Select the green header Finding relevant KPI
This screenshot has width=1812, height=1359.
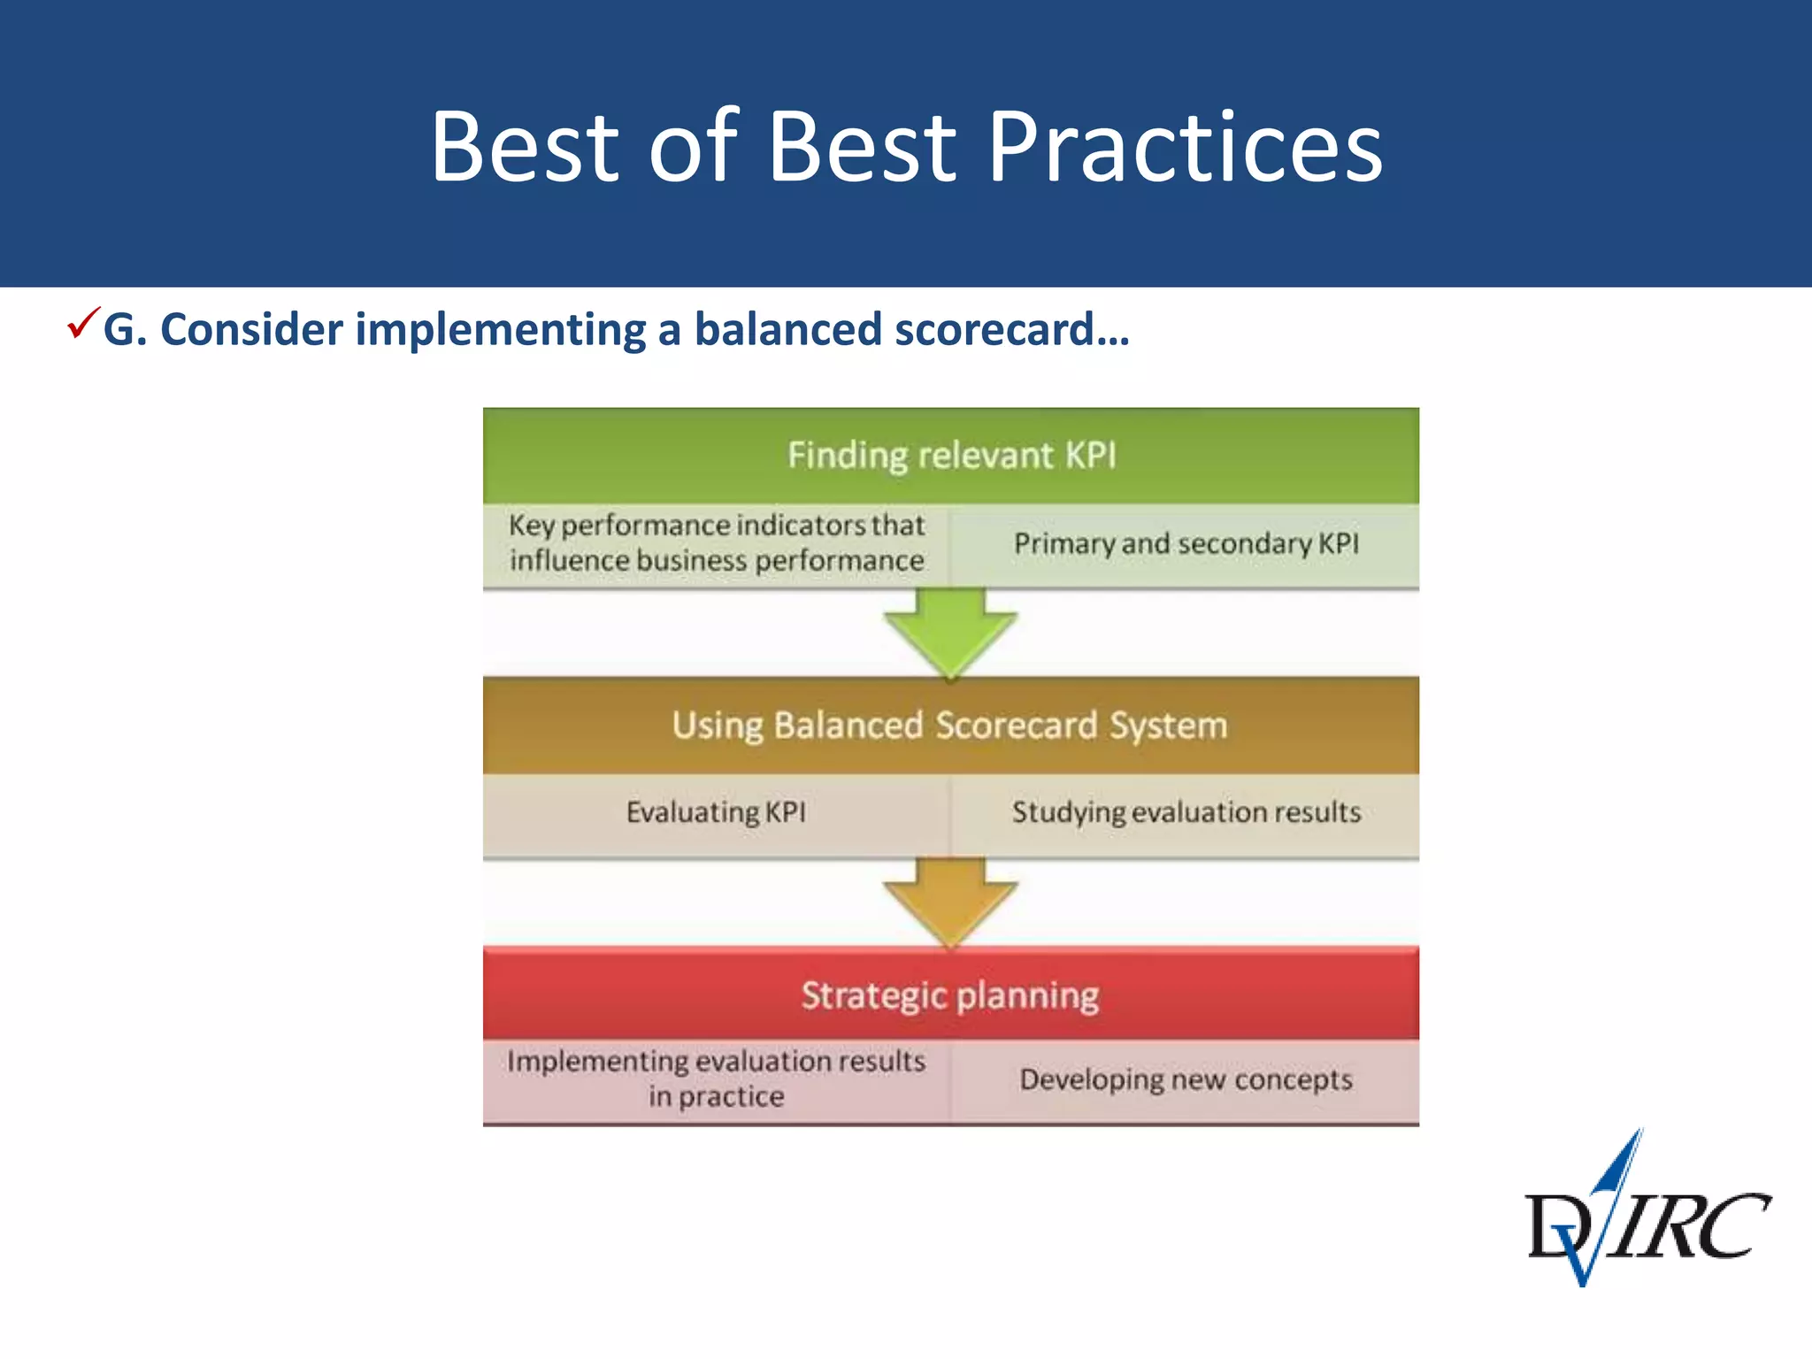tap(951, 455)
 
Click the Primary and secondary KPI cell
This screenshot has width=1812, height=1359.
tap(1186, 543)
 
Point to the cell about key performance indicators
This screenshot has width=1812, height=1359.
tap(716, 543)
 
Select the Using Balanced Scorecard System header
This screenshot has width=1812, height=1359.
tap(950, 725)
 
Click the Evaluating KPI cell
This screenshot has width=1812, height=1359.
tap(716, 812)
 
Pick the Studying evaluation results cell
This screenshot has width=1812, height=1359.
tap(1186, 812)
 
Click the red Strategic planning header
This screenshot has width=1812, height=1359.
tap(950, 995)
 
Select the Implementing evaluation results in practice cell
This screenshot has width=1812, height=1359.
tap(716, 1079)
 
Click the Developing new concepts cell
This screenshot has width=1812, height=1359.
tap(1186, 1079)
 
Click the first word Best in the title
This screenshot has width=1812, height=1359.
tap(524, 146)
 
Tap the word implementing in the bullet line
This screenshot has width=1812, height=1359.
tap(501, 329)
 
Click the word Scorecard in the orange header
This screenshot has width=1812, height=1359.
tap(1016, 725)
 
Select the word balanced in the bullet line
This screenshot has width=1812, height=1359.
tap(788, 329)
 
